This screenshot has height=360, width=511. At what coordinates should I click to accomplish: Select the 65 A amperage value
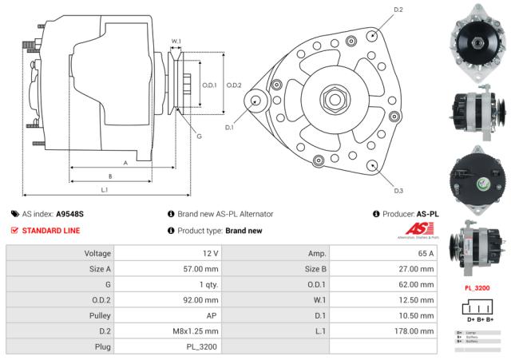click(x=425, y=253)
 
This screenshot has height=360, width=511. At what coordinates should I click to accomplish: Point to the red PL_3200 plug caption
click(x=477, y=287)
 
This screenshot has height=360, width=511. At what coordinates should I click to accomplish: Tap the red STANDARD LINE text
click(x=50, y=231)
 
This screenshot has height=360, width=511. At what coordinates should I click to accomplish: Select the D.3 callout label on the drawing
click(x=399, y=190)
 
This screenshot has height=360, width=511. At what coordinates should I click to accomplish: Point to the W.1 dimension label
click(x=176, y=41)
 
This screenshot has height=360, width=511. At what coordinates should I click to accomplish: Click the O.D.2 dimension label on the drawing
click(x=233, y=85)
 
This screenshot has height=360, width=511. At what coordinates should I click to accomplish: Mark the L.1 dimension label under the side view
click(x=105, y=189)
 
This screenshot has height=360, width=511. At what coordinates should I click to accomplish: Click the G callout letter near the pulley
click(x=198, y=136)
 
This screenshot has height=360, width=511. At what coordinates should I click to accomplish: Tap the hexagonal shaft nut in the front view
click(x=333, y=101)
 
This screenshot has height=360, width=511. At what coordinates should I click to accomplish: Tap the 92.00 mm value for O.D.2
click(x=200, y=300)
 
